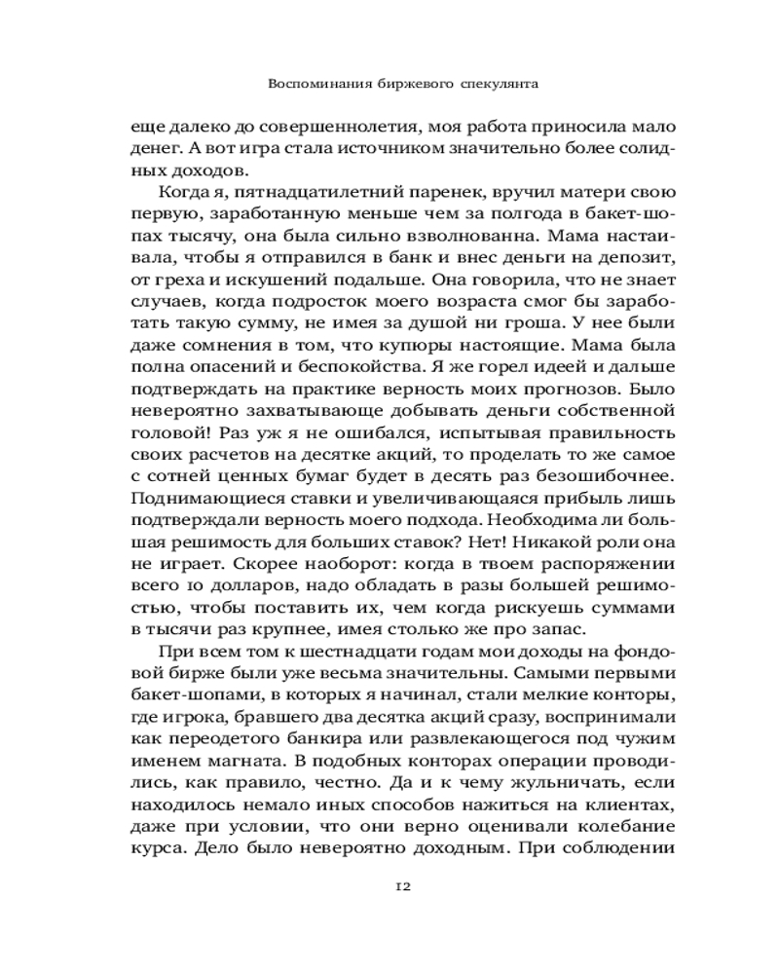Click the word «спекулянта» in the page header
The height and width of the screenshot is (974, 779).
[498, 85]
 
